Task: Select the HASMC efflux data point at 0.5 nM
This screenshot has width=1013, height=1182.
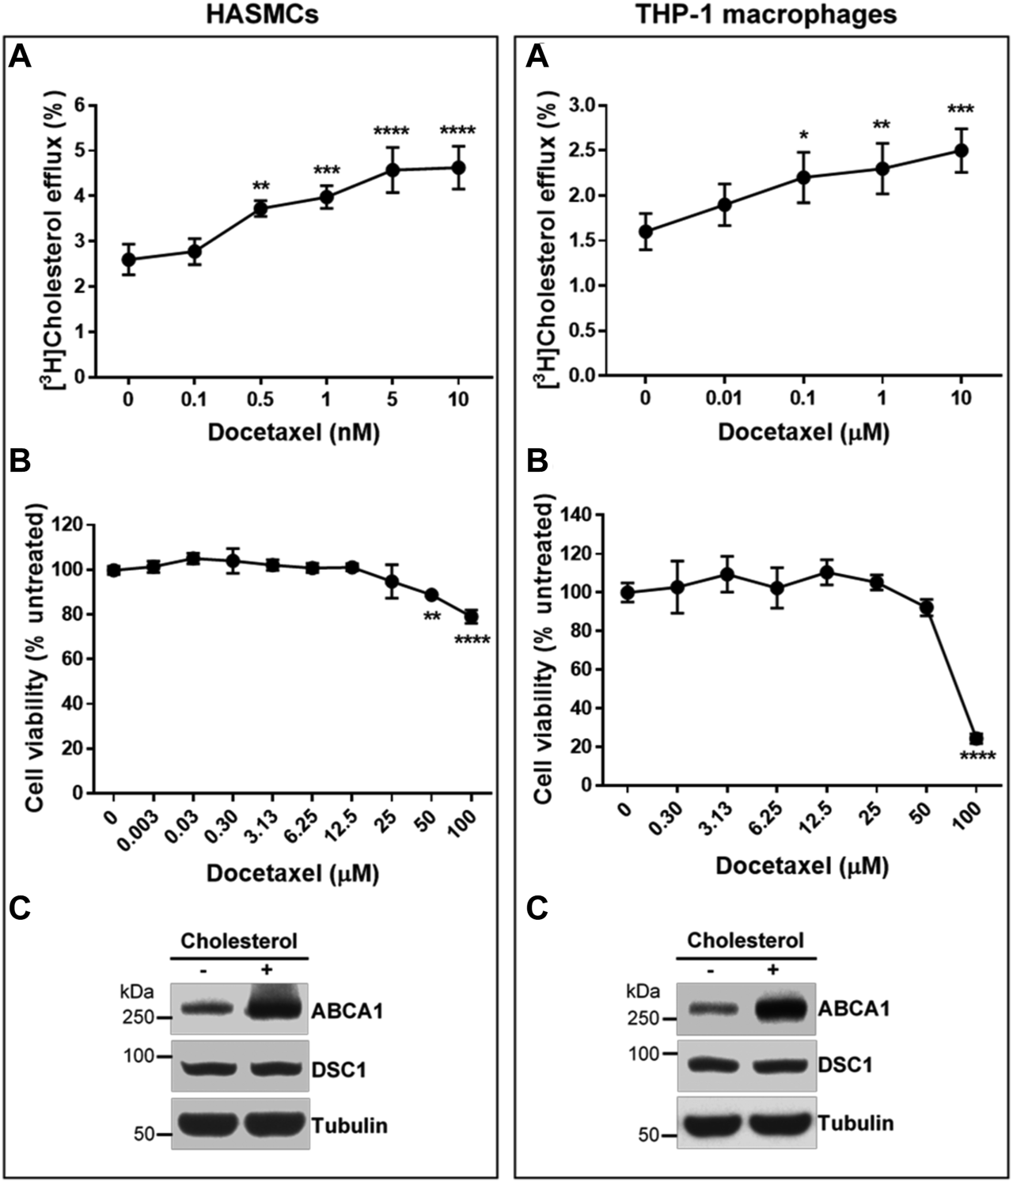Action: point(260,209)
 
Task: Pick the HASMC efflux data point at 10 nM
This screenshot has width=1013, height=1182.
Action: point(457,167)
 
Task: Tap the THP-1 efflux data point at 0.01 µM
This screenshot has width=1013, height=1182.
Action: point(724,204)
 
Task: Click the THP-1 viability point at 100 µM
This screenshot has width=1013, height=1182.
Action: point(976,738)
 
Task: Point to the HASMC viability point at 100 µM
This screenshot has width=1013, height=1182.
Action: point(471,616)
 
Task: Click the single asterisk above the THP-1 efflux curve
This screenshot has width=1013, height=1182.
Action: point(803,134)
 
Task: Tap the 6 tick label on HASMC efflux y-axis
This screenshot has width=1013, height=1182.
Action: point(79,105)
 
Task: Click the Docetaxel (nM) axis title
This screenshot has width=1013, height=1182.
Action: point(293,433)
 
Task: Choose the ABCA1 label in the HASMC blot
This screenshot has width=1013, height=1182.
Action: point(347,1011)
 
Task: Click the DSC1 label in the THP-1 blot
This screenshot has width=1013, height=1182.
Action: point(844,1065)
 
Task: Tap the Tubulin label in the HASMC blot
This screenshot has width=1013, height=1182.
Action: point(349,1125)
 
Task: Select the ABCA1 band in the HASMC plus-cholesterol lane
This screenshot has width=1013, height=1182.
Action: point(274,1008)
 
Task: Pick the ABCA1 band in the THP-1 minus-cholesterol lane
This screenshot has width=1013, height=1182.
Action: point(711,1009)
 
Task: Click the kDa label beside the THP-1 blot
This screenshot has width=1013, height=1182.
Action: point(642,991)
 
